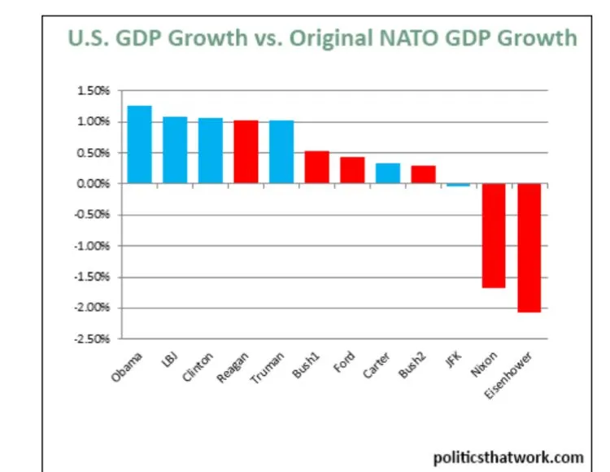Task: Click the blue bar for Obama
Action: tap(139, 145)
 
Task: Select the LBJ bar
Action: tap(175, 151)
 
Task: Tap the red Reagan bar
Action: tap(246, 152)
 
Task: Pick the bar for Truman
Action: tap(281, 152)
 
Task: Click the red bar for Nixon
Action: tap(493, 236)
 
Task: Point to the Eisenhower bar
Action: tap(529, 248)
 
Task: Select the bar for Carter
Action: tap(387, 173)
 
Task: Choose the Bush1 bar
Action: tap(316, 168)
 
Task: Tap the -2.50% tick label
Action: tap(95, 339)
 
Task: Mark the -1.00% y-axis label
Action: tap(95, 246)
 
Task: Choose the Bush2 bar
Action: tap(422, 175)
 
